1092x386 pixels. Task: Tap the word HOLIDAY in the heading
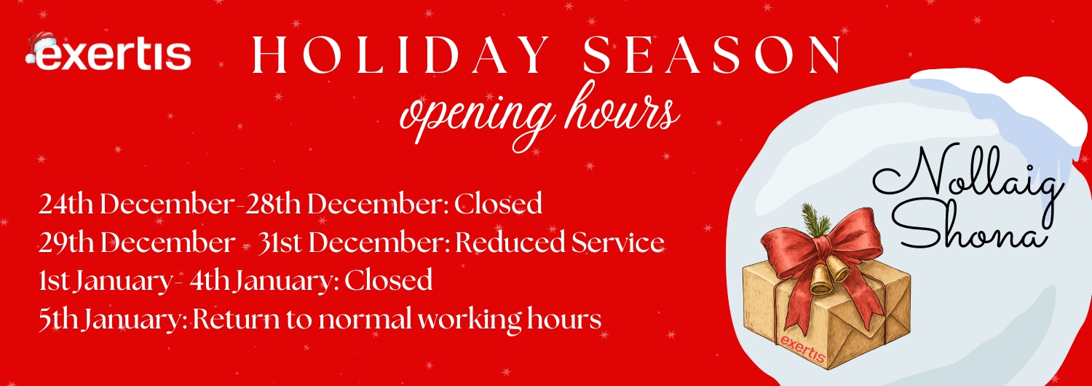coord(400,55)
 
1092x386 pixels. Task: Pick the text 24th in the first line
coord(66,203)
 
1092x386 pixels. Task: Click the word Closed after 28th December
coord(498,203)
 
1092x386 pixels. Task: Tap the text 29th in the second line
coord(66,242)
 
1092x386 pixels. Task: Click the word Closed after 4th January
coord(389,280)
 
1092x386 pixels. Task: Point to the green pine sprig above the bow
coord(816,220)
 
